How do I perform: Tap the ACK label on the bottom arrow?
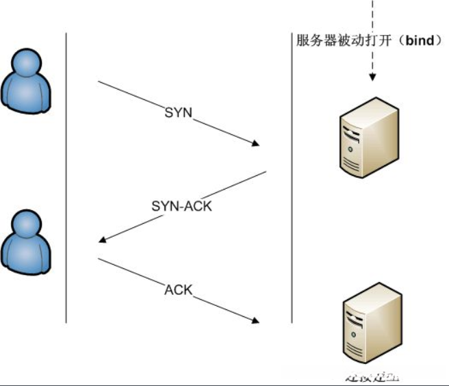[178, 289]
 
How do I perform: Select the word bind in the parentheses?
[420, 40]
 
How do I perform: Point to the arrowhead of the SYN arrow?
[256, 144]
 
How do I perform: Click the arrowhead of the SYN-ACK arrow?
[103, 240]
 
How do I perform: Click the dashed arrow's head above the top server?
[372, 77]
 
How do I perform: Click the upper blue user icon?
[27, 81]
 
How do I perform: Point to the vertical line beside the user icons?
[66, 178]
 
